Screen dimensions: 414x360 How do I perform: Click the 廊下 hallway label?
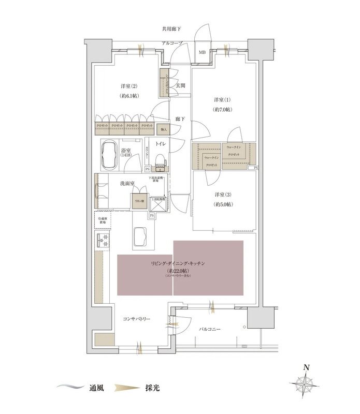pyautogui.click(x=180, y=119)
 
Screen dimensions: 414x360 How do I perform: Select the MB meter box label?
pyautogui.click(x=203, y=52)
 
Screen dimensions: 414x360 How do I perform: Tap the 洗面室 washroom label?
pyautogui.click(x=115, y=183)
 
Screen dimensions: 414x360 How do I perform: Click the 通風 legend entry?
pyautogui.click(x=90, y=387)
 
